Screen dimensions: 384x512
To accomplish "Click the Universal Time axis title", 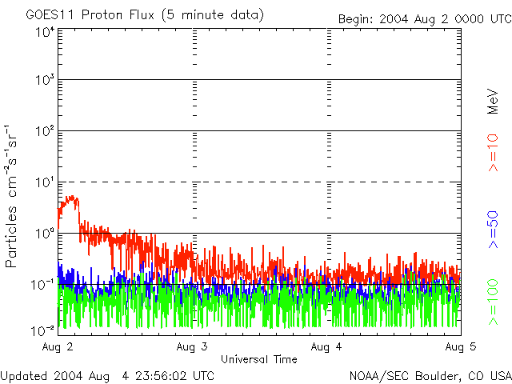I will point(258,359).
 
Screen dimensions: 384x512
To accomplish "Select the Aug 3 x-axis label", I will point(192,346).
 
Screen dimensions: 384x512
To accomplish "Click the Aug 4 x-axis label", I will point(326,346).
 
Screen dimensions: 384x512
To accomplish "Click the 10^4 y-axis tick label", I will point(45,32).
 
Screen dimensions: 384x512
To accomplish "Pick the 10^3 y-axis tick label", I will point(45,81).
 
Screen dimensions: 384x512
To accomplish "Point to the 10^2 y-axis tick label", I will point(45,131).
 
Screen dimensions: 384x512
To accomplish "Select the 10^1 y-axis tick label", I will point(45,182).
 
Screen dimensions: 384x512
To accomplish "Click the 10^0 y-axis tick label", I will point(45,234).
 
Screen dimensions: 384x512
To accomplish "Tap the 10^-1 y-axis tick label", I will point(42,285).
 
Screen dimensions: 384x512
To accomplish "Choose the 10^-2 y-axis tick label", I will point(42,330).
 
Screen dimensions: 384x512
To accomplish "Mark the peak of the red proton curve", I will point(74,196).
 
